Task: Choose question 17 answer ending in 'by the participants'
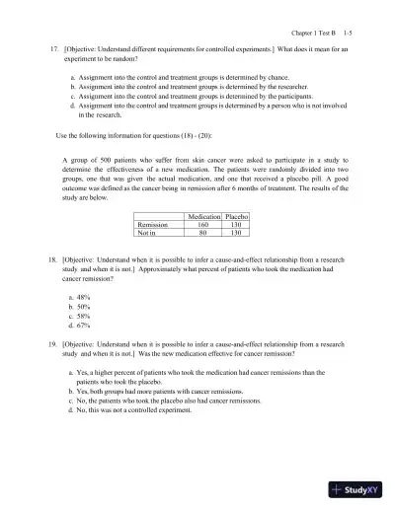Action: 183,97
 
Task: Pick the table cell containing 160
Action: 202,224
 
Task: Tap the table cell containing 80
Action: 202,233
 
